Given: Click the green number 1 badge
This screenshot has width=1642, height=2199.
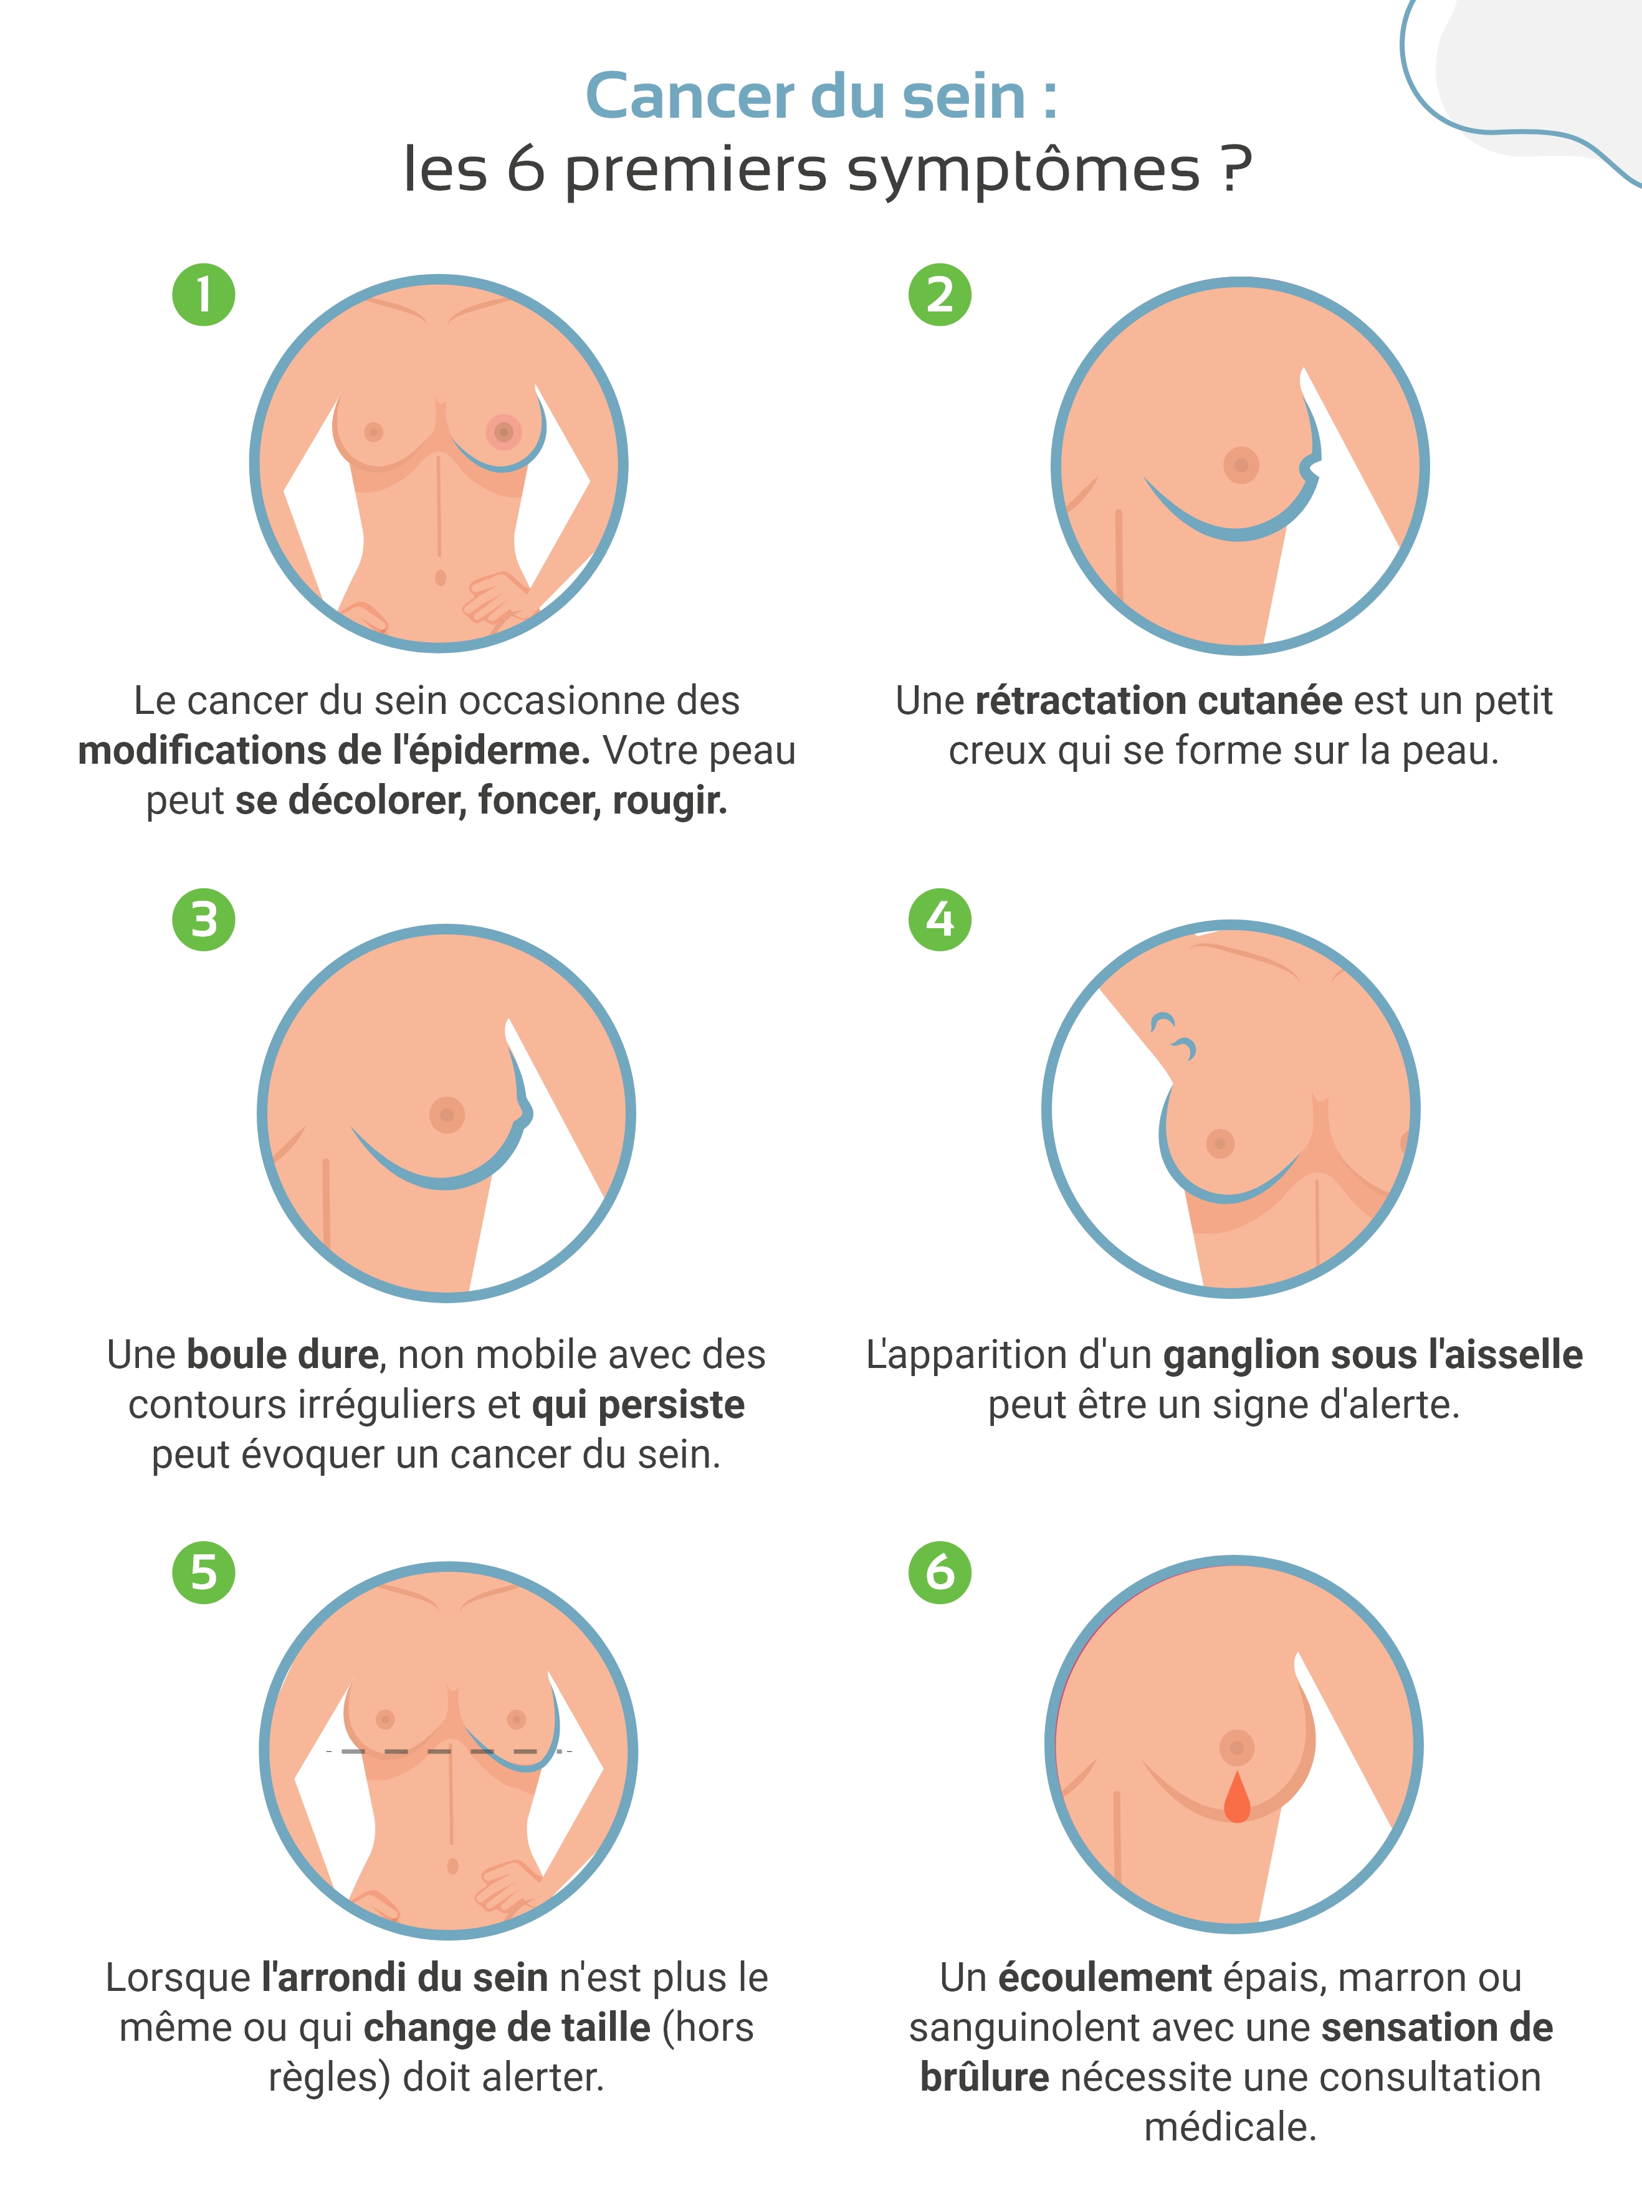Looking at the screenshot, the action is point(204,295).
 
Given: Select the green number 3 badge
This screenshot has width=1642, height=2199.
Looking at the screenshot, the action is point(204,919).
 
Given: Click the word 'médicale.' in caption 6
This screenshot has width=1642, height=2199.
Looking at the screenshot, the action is point(1231,2127).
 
